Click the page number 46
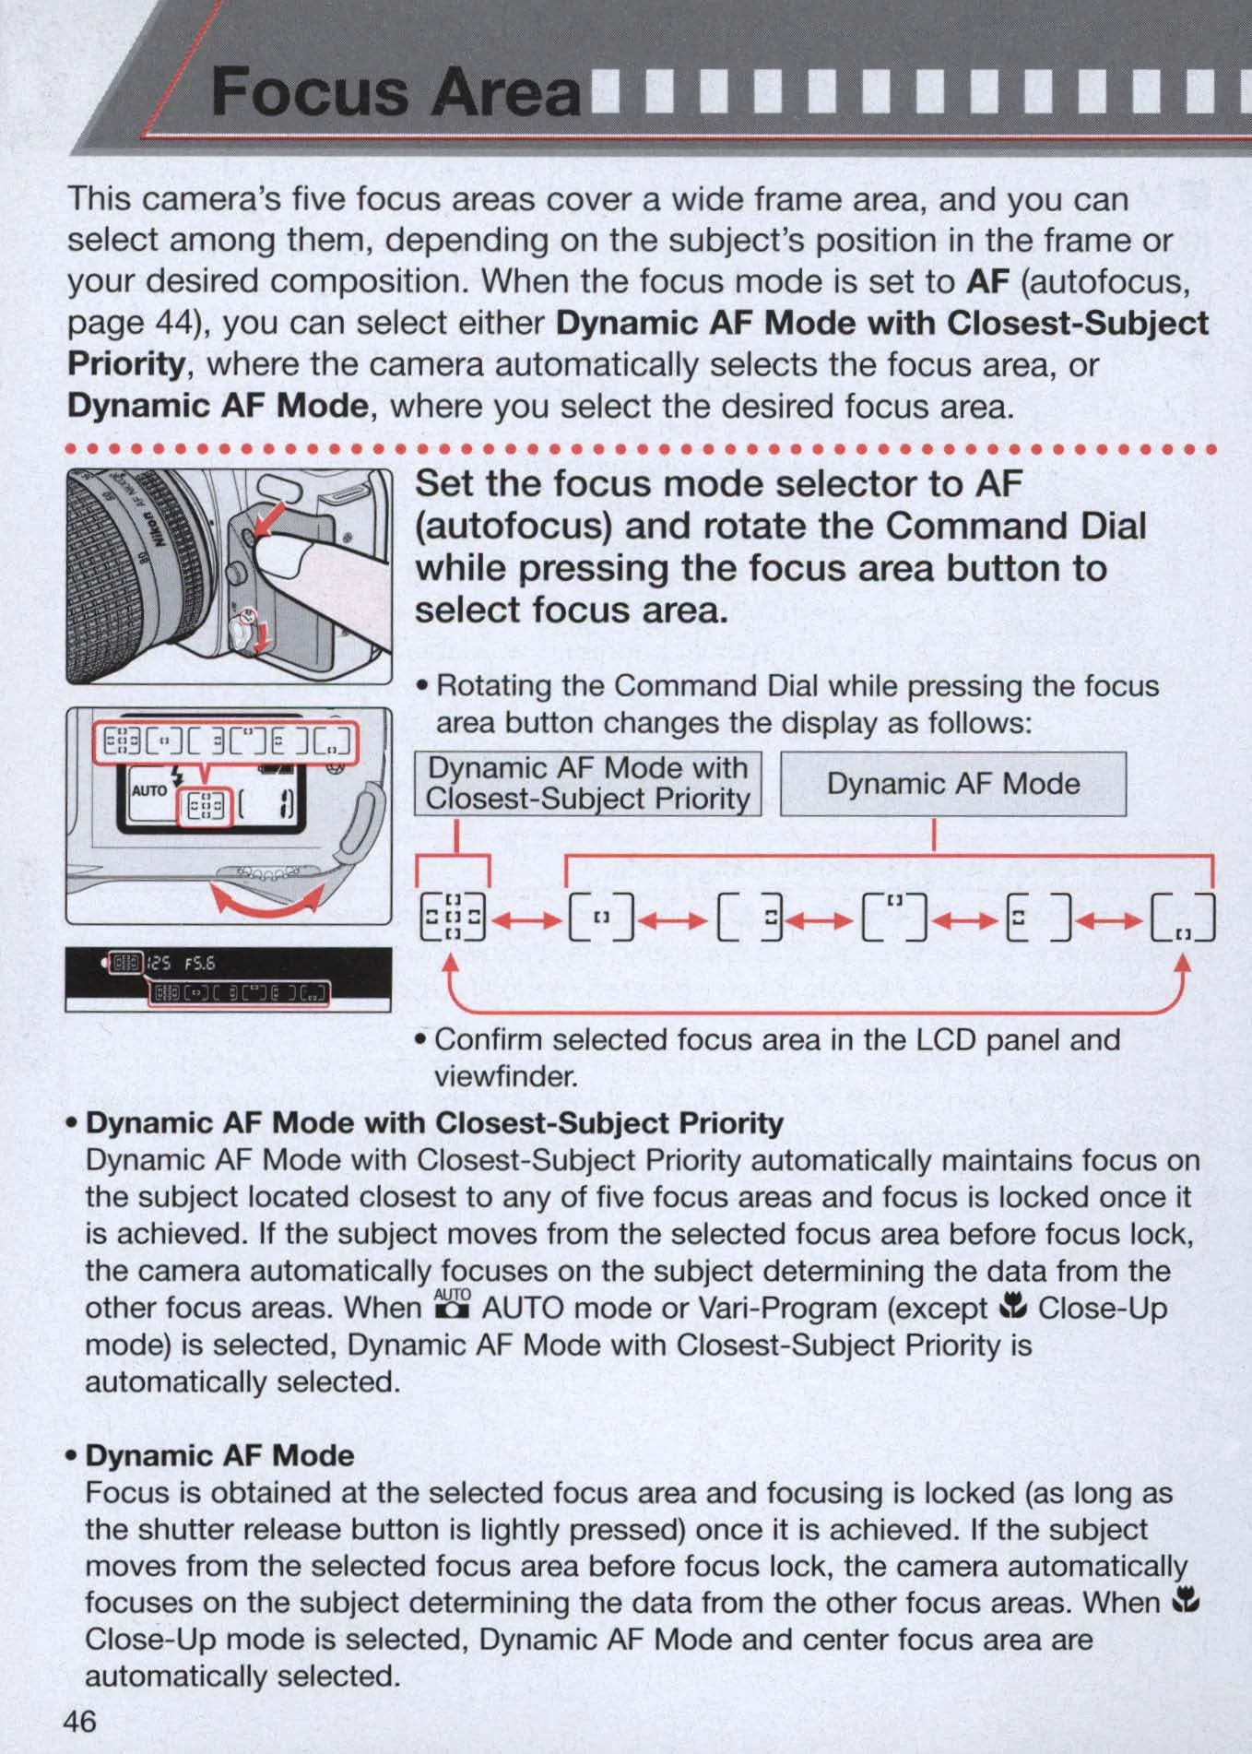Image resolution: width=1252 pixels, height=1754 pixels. tap(80, 1721)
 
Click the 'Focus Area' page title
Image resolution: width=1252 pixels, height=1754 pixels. tap(396, 92)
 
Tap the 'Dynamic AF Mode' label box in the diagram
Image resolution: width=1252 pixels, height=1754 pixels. tap(953, 784)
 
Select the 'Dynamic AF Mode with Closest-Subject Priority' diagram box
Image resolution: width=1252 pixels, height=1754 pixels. tap(587, 784)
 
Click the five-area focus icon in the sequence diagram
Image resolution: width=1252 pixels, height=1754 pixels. tap(452, 918)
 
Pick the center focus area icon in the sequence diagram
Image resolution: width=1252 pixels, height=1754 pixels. tap(601, 918)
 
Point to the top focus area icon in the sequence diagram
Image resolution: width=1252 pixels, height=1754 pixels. tap(893, 917)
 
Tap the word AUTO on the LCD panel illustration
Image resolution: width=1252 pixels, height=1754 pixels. tap(149, 790)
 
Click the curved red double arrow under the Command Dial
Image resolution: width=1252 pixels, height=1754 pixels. tap(267, 899)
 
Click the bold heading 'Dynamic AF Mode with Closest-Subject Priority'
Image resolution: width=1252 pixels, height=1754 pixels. tap(434, 1122)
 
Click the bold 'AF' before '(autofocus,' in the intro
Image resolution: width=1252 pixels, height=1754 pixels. tap(989, 281)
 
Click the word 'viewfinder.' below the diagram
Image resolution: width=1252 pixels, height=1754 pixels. tap(505, 1075)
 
